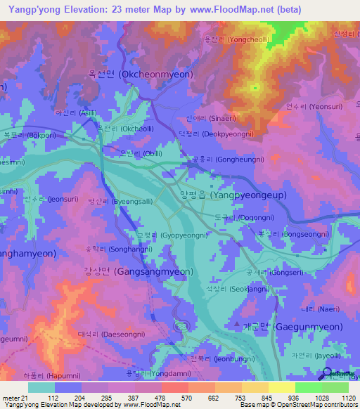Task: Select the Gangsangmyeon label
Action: coord(138,271)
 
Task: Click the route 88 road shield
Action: coord(181,326)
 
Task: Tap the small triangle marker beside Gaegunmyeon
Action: coord(236,325)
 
